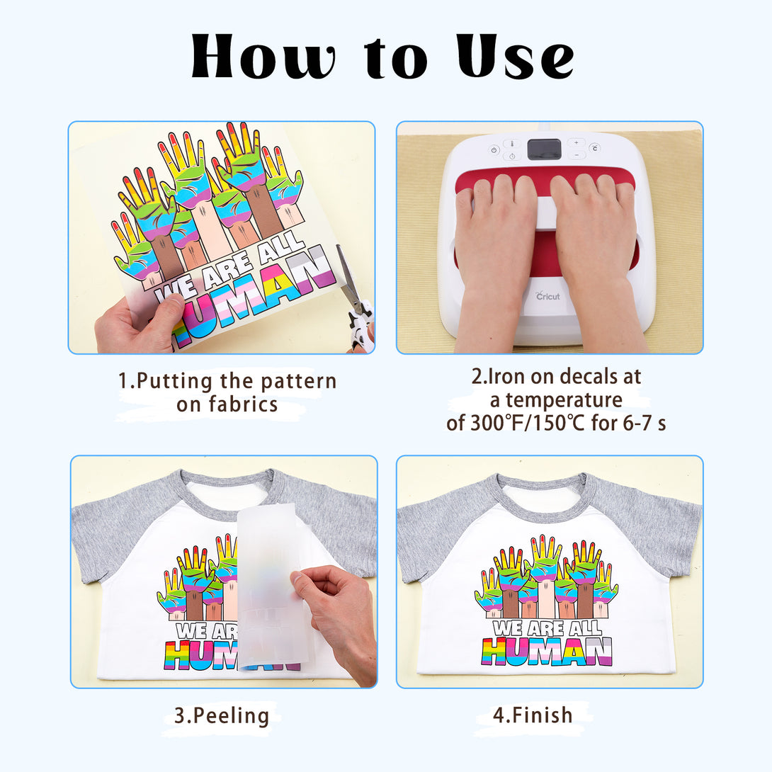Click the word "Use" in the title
[515, 56]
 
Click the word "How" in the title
[263, 56]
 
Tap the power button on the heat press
[494, 149]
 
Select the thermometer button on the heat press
[512, 144]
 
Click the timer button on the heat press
[512, 157]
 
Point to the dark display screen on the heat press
[544, 149]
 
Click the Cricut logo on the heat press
[547, 296]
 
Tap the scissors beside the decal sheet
[356, 300]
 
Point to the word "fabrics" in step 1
[243, 404]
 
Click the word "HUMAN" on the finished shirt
[547, 652]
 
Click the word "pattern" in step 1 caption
[298, 382]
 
